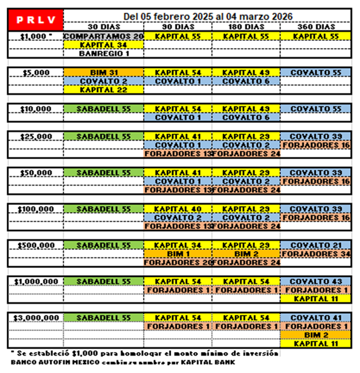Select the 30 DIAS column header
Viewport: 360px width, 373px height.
[x=103, y=27]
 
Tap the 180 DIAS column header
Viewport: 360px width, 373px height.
[x=246, y=27]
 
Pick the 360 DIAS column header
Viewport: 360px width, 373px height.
[x=315, y=27]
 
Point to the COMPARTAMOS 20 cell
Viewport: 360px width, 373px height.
[x=103, y=36]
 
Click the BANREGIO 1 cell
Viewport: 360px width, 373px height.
[x=103, y=54]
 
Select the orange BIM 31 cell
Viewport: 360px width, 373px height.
[x=103, y=72]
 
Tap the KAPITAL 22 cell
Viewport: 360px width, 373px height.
[x=103, y=90]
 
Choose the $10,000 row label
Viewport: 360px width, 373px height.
[x=35, y=109]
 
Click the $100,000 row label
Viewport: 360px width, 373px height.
[x=35, y=208]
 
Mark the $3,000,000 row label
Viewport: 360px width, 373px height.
[x=35, y=317]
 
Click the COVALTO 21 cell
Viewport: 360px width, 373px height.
[x=316, y=245]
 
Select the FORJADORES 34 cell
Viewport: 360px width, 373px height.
[x=316, y=254]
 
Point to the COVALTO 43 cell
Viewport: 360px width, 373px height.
[x=316, y=281]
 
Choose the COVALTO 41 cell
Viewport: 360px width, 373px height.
[x=316, y=317]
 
